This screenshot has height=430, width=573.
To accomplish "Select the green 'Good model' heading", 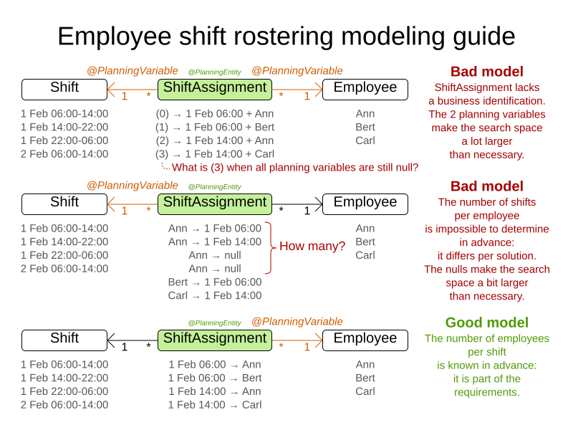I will pyautogui.click(x=486, y=322).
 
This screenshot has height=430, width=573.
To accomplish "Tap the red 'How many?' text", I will pyautogui.click(x=312, y=247).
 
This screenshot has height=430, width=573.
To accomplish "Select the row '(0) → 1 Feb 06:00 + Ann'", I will pyautogui.click(x=214, y=113).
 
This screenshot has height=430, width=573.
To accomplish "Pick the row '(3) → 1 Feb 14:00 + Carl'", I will pyautogui.click(x=214, y=153).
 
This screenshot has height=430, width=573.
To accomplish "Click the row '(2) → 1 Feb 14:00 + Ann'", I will pyautogui.click(x=214, y=140).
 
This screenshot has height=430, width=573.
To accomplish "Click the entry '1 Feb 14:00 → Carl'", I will pyautogui.click(x=214, y=405).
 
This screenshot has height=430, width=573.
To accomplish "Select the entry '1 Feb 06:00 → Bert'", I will pyautogui.click(x=214, y=378).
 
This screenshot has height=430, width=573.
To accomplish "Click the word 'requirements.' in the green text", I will pyautogui.click(x=486, y=392).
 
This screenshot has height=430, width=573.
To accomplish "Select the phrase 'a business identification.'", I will pyautogui.click(x=486, y=101).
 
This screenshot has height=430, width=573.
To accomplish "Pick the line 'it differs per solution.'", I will pyautogui.click(x=486, y=256).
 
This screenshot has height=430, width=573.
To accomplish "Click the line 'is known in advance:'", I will pyautogui.click(x=486, y=365).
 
